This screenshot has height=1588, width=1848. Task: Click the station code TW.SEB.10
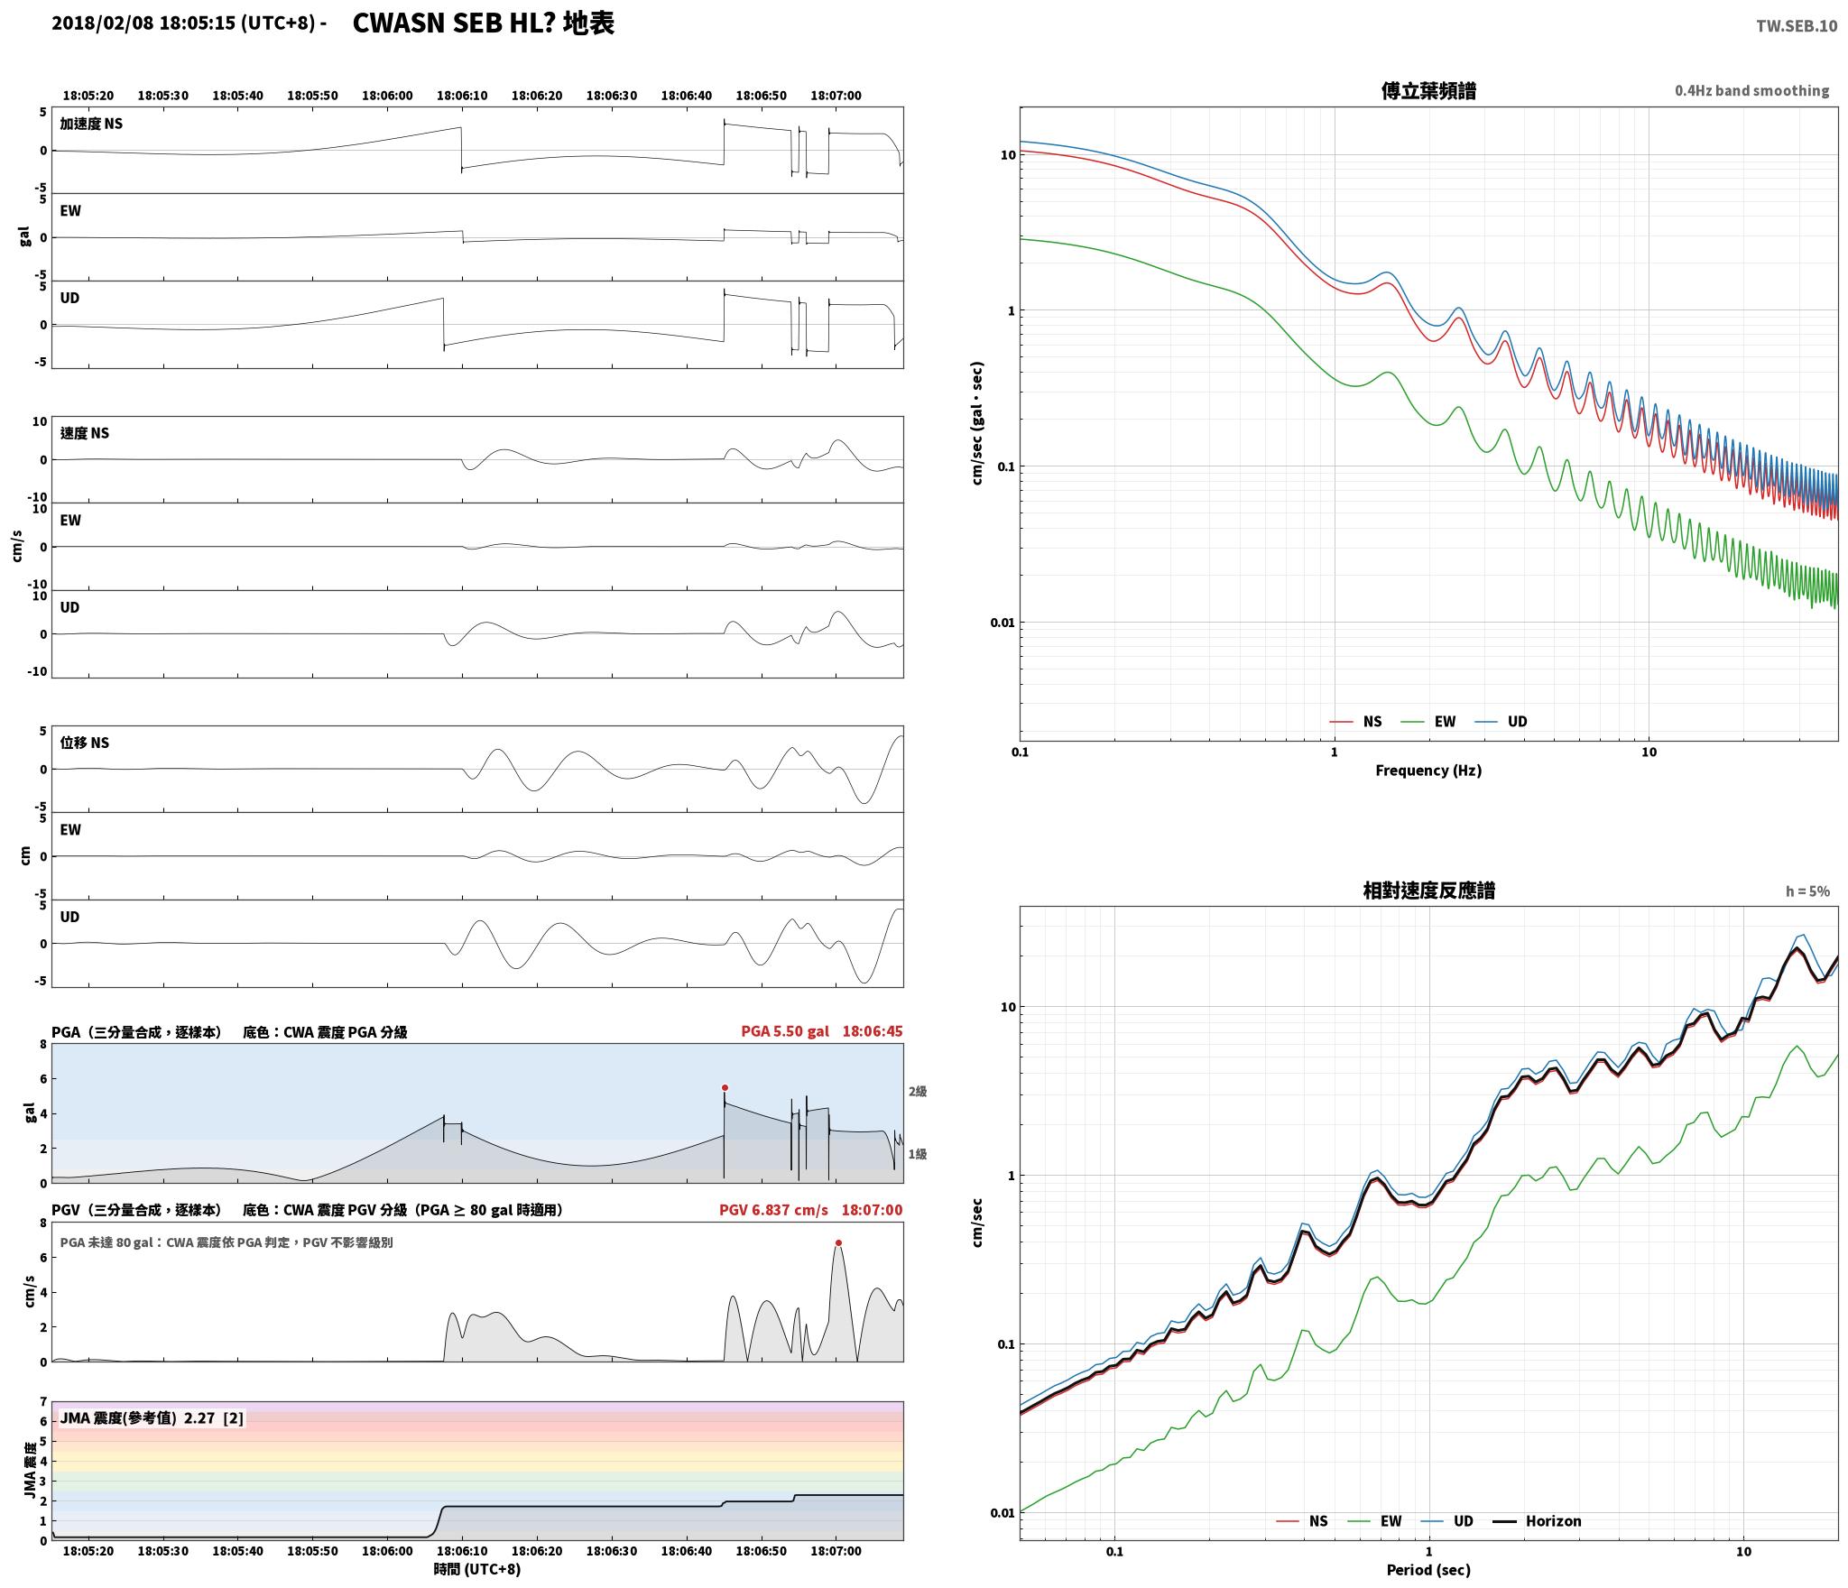1796,26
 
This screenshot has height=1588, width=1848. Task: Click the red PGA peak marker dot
725,1088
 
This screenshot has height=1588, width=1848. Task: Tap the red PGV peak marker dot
838,1243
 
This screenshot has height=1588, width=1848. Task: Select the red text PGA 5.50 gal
785,1031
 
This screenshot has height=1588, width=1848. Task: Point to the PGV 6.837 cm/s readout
773,1210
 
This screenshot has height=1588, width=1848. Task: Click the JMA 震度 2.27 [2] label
152,1418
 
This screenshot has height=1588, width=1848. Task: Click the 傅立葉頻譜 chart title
1428,91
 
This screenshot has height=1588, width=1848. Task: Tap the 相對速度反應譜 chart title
1428,891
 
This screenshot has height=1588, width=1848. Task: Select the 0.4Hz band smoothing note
1751,91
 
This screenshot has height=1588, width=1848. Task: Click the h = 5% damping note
1807,891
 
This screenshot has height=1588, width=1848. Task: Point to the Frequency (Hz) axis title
1428,771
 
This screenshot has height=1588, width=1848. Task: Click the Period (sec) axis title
1428,1570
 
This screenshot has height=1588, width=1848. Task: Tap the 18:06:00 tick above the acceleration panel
387,96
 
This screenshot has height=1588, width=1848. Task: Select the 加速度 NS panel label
91,124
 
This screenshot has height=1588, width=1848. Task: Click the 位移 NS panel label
85,743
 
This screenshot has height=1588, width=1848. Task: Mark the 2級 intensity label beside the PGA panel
918,1092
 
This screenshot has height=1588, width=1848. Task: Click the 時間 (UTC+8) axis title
477,1569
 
